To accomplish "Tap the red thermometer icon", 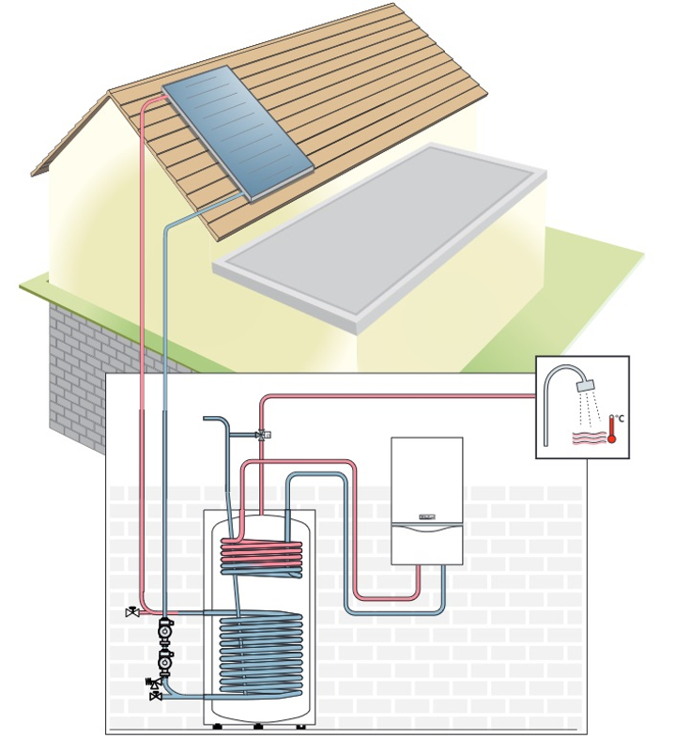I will pos(611,431).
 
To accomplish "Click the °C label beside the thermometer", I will pos(619,418).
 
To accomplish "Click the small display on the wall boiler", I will pos(427,517).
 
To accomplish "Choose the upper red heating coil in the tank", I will pos(262,558).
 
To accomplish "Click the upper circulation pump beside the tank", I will pos(165,630).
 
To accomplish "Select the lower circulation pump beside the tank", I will pos(165,663).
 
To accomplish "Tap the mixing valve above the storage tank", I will pos(261,435).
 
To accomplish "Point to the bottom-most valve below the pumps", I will pos(156,696).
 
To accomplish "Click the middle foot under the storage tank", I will pos(258,727).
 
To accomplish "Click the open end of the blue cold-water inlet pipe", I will pos(206,419).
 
